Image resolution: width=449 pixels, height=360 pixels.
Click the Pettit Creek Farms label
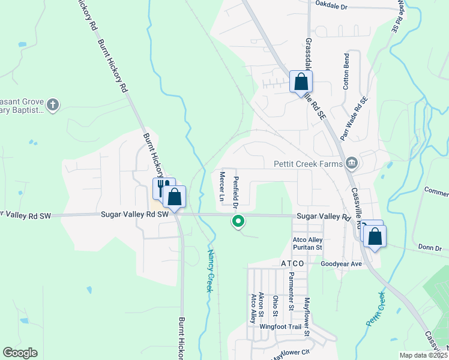(307, 163)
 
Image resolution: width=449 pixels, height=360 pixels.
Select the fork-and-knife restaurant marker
(162, 187)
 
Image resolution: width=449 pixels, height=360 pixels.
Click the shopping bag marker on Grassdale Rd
(301, 82)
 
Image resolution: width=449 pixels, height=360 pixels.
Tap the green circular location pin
(238, 222)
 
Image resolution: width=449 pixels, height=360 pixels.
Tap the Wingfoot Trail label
(279, 327)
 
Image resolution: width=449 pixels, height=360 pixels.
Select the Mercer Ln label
(221, 186)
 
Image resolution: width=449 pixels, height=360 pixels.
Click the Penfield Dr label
(236, 191)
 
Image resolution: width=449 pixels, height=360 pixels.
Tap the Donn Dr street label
(429, 248)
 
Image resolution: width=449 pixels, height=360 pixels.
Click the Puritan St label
(307, 247)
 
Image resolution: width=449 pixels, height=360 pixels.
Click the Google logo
(20, 353)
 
